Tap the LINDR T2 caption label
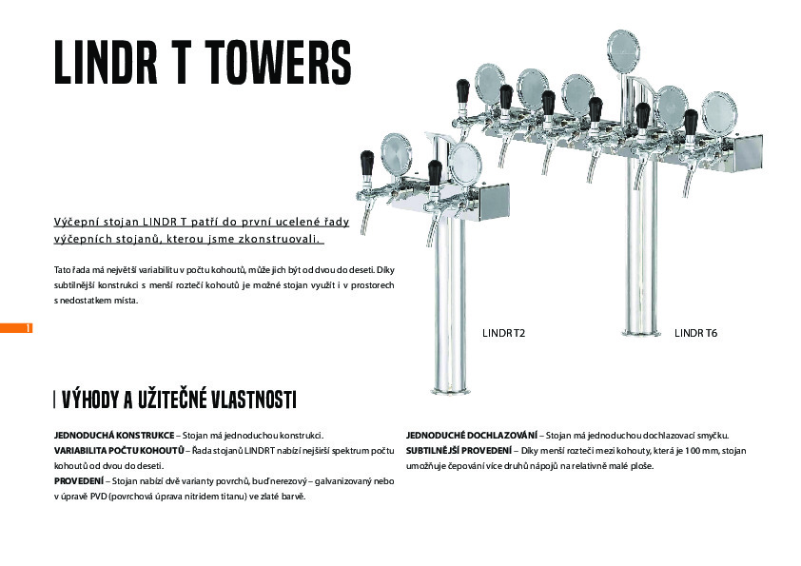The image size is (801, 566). pos(503,333)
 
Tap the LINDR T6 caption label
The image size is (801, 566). pos(695,333)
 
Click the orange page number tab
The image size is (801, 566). pos(16,328)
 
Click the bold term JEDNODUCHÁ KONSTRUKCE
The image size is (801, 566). pos(114,436)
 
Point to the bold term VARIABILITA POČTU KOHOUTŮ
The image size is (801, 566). pos(119,451)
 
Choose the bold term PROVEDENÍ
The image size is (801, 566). pos(79,481)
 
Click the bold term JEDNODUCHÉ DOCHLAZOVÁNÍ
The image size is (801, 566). pos(472,436)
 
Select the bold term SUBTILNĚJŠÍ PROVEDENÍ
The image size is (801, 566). pos(459,451)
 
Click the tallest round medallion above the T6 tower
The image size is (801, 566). pos(623,50)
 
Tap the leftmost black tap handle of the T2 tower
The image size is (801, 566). pos(367,163)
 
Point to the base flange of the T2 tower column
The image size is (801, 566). pos(449,391)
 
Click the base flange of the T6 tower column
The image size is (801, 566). pos(640,334)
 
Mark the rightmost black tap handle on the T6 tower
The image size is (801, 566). pos(691,121)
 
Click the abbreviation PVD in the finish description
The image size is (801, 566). pos(98,497)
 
